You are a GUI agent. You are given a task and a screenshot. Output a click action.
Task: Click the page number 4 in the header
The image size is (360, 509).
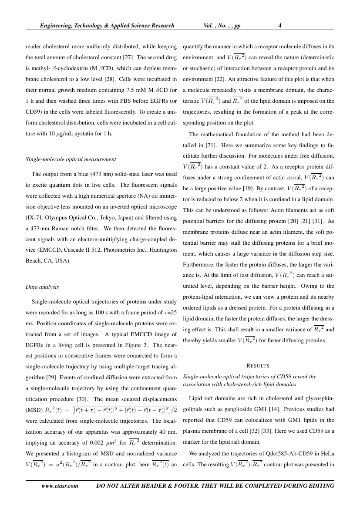click(x=280, y=26)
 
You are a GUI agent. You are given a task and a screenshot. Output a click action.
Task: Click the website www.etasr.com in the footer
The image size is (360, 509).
click(x=59, y=485)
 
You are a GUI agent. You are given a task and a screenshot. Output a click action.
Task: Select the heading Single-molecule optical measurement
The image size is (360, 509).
click(x=71, y=159)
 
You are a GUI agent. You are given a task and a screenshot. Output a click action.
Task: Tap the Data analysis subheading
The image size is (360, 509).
click(x=42, y=287)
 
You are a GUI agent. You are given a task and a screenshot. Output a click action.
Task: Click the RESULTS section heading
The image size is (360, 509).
click(x=259, y=365)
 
